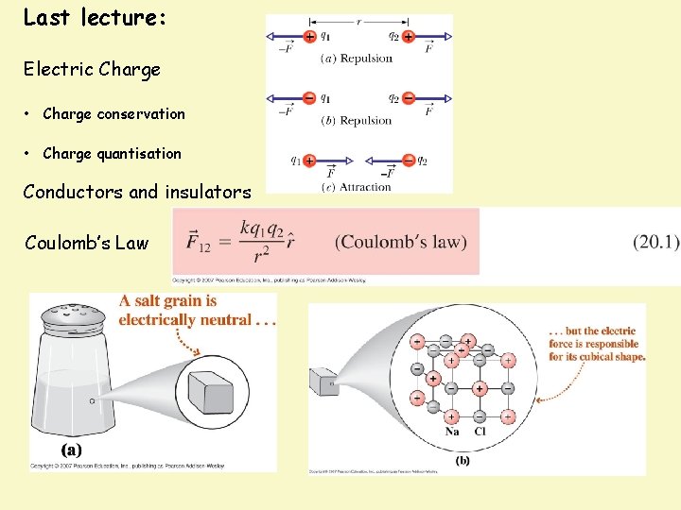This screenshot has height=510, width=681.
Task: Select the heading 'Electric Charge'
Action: (x=92, y=69)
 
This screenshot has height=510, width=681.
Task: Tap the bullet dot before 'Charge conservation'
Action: (x=31, y=114)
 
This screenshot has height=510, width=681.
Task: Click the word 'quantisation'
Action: (x=138, y=153)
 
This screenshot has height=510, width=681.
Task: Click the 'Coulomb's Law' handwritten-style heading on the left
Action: (x=86, y=243)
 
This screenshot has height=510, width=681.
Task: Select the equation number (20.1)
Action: (x=655, y=242)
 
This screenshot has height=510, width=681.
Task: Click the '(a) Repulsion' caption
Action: (x=358, y=59)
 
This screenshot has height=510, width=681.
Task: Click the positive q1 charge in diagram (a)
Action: (x=310, y=37)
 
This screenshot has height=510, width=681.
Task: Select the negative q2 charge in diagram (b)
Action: (x=408, y=97)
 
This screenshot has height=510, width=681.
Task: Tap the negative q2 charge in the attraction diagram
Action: (x=408, y=160)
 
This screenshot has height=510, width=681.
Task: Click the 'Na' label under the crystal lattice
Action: (x=454, y=432)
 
